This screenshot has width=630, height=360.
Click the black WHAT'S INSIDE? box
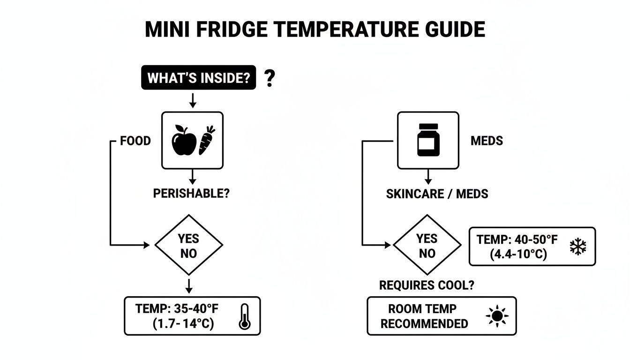(x=198, y=78)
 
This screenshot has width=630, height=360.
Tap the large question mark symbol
(x=269, y=78)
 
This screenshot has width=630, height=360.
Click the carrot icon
(x=207, y=140)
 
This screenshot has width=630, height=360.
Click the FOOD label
(x=135, y=141)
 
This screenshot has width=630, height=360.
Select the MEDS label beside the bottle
(x=487, y=141)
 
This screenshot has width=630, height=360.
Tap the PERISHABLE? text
(x=191, y=193)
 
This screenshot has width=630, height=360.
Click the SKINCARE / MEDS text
(x=437, y=194)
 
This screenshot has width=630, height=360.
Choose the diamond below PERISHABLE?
(x=188, y=245)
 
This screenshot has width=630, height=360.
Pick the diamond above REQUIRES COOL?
(x=427, y=245)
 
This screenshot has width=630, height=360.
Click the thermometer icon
(x=244, y=316)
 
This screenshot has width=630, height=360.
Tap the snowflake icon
(x=578, y=247)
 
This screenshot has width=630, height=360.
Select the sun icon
(x=497, y=316)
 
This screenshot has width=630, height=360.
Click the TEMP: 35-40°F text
(x=177, y=309)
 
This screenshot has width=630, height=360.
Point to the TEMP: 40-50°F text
(x=517, y=240)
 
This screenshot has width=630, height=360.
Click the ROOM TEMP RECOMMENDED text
(x=424, y=316)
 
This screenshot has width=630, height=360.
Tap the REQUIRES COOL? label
(x=426, y=285)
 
